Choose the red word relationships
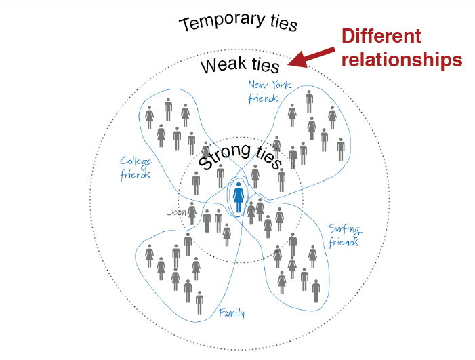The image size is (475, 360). tap(402, 60)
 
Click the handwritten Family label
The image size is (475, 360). tap(232, 313)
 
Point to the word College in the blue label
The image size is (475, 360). tap(136, 161)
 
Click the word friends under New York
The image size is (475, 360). tap(263, 99)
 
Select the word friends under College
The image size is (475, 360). tap(135, 174)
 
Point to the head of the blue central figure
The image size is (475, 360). tap(239, 184)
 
